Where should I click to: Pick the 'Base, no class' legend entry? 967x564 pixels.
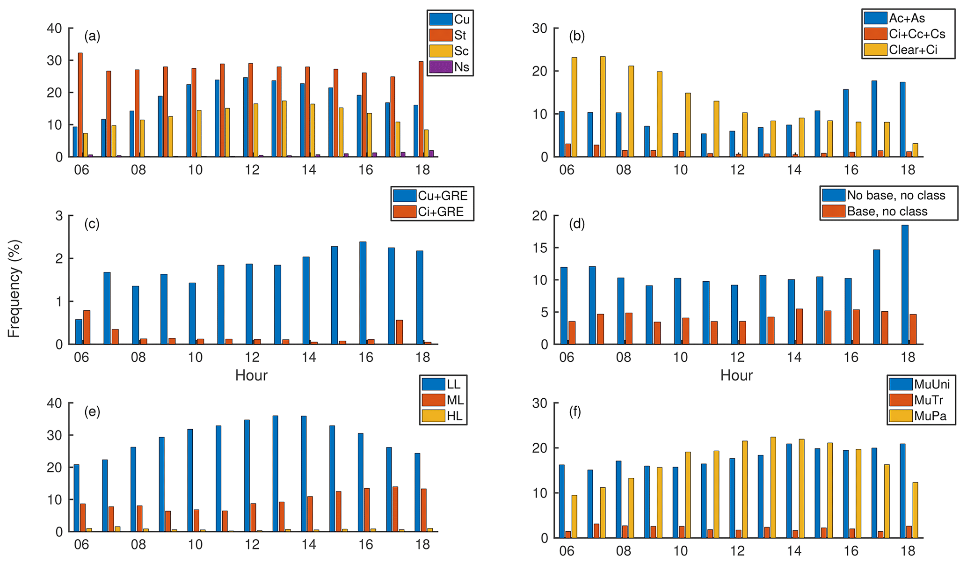pyautogui.click(x=887, y=212)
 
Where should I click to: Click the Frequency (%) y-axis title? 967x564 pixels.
pyautogui.click(x=14, y=288)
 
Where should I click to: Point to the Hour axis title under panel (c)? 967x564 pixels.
pyautogui.click(x=251, y=375)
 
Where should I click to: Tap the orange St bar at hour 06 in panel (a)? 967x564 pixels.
pyautogui.click(x=80, y=105)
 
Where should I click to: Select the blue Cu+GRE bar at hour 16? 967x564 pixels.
pyautogui.click(x=363, y=293)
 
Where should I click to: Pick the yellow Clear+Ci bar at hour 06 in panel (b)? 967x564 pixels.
pyautogui.click(x=574, y=107)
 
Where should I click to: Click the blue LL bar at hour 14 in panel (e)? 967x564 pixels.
pyautogui.click(x=304, y=474)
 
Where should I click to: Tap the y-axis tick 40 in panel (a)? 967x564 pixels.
pyautogui.click(x=54, y=29)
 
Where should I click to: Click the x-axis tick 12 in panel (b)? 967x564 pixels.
pyautogui.click(x=737, y=169)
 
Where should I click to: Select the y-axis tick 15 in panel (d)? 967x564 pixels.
pyautogui.click(x=540, y=248)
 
